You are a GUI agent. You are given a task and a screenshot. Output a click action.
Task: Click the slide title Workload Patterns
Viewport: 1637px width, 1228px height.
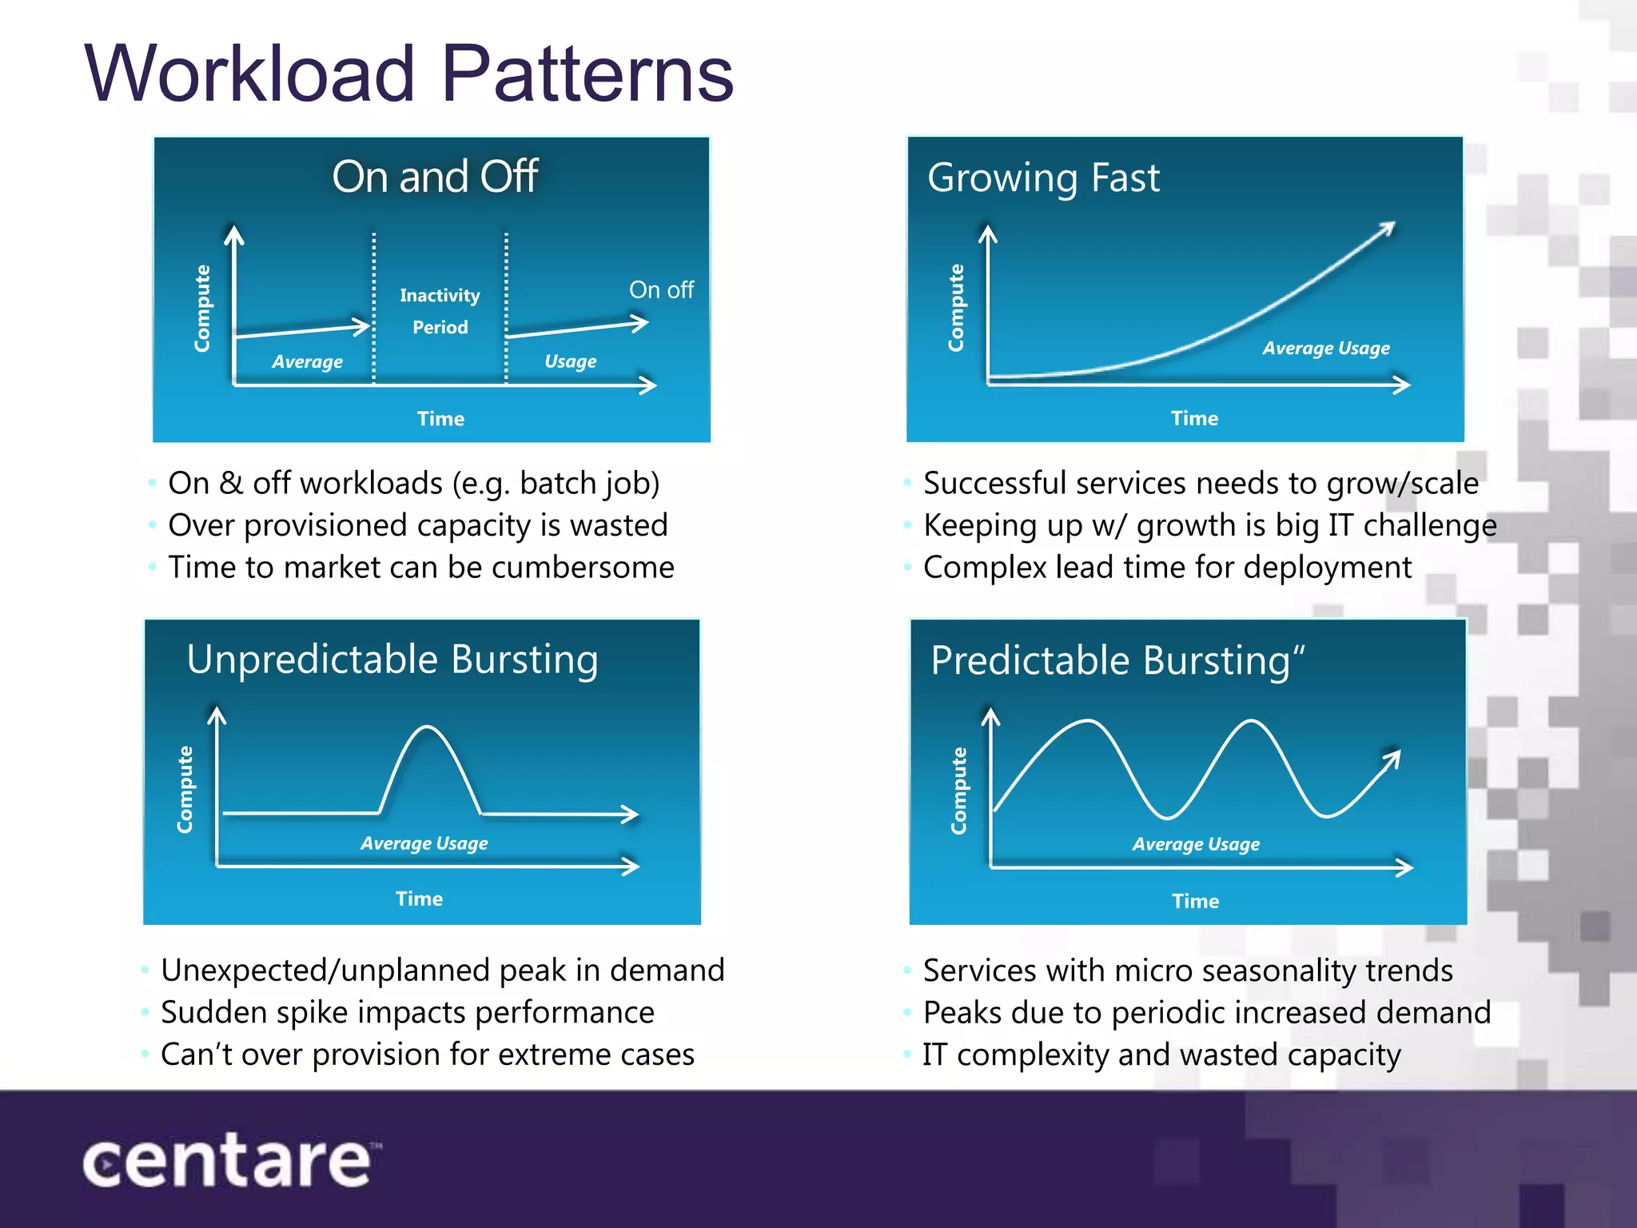[408, 74]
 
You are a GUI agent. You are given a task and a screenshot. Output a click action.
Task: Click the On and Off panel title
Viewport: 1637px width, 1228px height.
[435, 177]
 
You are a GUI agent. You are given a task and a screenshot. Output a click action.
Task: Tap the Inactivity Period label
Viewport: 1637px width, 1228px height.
[440, 311]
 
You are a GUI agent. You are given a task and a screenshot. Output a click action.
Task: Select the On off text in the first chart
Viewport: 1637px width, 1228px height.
[661, 289]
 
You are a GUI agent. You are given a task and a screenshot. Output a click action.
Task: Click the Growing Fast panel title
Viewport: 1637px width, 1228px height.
[1043, 177]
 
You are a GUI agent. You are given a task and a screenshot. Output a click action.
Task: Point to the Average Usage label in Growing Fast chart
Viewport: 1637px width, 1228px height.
[1325, 349]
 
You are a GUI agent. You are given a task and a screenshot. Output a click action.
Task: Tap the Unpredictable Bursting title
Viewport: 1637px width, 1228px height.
[392, 660]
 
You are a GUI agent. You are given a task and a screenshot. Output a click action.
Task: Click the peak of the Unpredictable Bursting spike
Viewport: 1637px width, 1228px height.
[428, 728]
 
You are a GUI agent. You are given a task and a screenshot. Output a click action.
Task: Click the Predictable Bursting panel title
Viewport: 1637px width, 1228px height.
[1117, 661]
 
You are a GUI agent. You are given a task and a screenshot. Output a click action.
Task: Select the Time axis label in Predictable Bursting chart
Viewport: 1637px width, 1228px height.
[1195, 901]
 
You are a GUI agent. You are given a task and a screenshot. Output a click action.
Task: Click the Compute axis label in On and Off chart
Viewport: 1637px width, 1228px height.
[202, 309]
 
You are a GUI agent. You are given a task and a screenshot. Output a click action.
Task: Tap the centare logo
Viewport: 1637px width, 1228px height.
[228, 1161]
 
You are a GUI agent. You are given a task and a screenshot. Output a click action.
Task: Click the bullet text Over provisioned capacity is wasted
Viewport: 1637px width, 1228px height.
[417, 525]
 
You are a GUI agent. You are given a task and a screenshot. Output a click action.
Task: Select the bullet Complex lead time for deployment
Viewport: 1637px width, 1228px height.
[1167, 568]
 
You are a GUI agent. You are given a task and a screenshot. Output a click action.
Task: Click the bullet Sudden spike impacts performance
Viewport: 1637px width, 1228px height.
[408, 1012]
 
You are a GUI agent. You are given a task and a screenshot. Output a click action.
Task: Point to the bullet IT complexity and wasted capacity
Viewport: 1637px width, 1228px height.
[1161, 1055]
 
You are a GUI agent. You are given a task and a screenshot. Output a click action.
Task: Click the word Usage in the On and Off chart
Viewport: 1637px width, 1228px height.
[570, 361]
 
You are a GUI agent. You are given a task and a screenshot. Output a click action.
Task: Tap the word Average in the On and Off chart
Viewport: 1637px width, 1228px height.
[307, 362]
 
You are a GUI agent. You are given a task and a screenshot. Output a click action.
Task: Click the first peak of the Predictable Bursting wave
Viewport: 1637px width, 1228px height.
[1087, 722]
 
